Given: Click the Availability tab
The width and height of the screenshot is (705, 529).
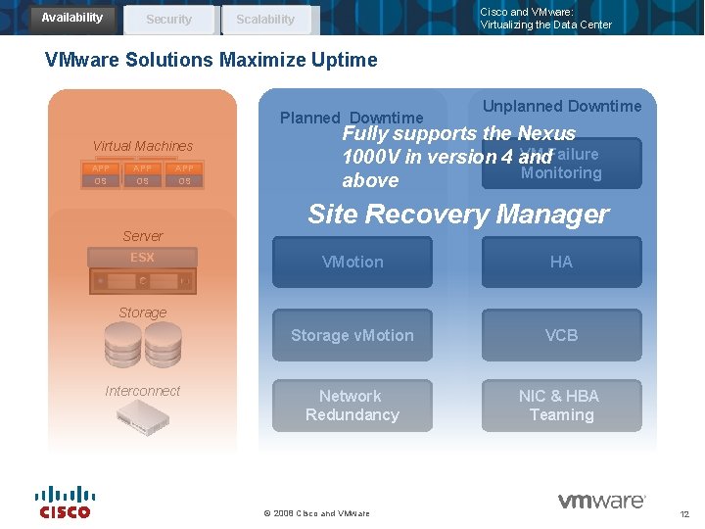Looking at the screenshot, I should pyautogui.click(x=71, y=18).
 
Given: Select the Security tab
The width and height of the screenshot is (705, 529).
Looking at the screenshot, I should pyautogui.click(x=168, y=20).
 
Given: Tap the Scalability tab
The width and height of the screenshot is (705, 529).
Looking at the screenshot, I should pyautogui.click(x=264, y=20).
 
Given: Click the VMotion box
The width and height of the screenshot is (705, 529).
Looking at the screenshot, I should pyautogui.click(x=352, y=263).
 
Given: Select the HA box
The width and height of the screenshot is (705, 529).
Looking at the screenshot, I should pyautogui.click(x=561, y=263).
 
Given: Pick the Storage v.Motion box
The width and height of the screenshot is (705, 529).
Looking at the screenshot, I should pyautogui.click(x=352, y=336).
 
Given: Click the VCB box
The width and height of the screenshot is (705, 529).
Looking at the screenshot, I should pyautogui.click(x=561, y=336).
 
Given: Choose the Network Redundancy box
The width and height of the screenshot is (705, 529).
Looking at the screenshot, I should pyautogui.click(x=352, y=406).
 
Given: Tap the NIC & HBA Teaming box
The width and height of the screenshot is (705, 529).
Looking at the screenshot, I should pyautogui.click(x=561, y=406).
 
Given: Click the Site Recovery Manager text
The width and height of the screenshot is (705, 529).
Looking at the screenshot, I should pyautogui.click(x=457, y=215).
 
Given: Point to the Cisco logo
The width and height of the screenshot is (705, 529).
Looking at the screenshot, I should pyautogui.click(x=65, y=502).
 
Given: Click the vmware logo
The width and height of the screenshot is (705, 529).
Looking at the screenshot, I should pyautogui.click(x=601, y=502).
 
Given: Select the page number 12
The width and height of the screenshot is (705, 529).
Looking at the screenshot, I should pyautogui.click(x=684, y=514).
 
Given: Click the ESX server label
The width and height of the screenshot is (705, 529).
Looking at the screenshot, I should pyautogui.click(x=143, y=258).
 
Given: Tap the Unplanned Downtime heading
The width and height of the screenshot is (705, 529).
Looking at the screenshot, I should pyautogui.click(x=562, y=106).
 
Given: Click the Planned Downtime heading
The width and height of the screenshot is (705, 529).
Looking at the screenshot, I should pyautogui.click(x=352, y=119).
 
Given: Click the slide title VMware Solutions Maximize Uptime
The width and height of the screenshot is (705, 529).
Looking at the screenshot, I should pyautogui.click(x=211, y=60).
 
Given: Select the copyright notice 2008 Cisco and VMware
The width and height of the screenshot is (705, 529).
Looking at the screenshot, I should pyautogui.click(x=317, y=513).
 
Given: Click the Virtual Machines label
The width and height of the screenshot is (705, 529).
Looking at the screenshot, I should pyautogui.click(x=143, y=146).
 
